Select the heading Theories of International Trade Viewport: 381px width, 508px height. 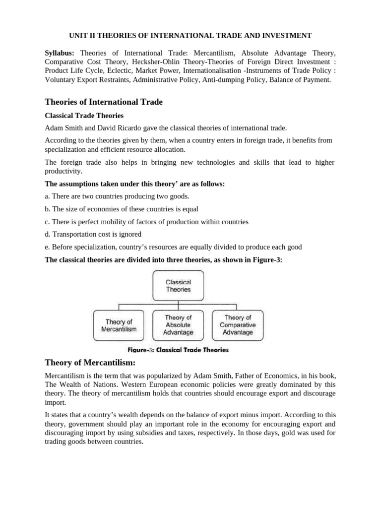tap(104, 102)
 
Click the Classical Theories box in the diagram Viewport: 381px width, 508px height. tap(178, 285)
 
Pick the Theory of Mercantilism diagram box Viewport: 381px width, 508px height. tap(119, 325)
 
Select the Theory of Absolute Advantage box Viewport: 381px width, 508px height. tap(178, 325)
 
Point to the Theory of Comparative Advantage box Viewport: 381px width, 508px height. tap(238, 325)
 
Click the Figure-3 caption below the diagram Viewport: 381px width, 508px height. tap(178, 350)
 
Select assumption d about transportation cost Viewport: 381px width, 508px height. tap(93, 234)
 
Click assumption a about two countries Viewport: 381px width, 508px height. tap(110, 196)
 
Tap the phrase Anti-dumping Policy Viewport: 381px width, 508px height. tap(229, 79)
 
